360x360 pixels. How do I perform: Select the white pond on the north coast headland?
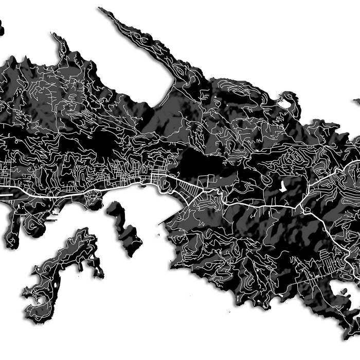pos(284,103)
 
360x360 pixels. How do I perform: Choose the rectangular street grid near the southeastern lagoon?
pos(327,257)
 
